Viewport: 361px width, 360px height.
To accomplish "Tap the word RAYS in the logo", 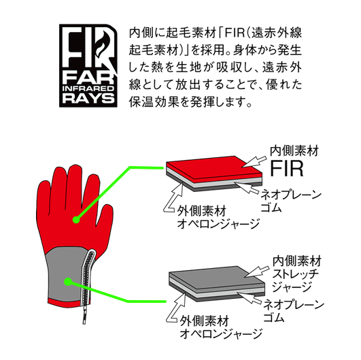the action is pyautogui.click(x=88, y=98).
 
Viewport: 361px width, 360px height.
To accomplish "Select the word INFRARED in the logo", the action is pyautogui.click(x=88, y=88).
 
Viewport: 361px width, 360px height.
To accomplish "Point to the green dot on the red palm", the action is pyautogui.click(x=76, y=220).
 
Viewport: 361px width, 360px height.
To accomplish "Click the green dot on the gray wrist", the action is pyautogui.click(x=68, y=282).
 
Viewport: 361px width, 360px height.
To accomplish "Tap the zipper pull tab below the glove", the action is pyautogui.click(x=84, y=316).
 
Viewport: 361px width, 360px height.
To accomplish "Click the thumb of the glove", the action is pyautogui.click(x=105, y=221).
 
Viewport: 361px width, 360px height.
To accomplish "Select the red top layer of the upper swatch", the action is pyautogui.click(x=214, y=167).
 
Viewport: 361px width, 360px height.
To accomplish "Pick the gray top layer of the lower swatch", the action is pyautogui.click(x=216, y=278).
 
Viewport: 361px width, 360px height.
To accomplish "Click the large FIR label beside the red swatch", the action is pyautogui.click(x=287, y=169).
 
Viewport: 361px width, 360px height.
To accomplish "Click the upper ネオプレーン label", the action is pyautogui.click(x=291, y=195).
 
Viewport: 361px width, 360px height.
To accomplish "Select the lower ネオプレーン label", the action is pyautogui.click(x=294, y=305).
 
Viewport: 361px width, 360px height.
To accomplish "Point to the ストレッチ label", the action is pyautogui.click(x=295, y=274).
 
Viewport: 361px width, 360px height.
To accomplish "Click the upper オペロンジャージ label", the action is pyautogui.click(x=218, y=224).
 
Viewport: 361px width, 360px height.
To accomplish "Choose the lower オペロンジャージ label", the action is pyautogui.click(x=221, y=333).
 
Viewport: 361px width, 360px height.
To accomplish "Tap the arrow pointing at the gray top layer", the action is pyautogui.click(x=257, y=272).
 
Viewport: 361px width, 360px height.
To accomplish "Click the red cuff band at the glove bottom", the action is pyautogui.click(x=69, y=301).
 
